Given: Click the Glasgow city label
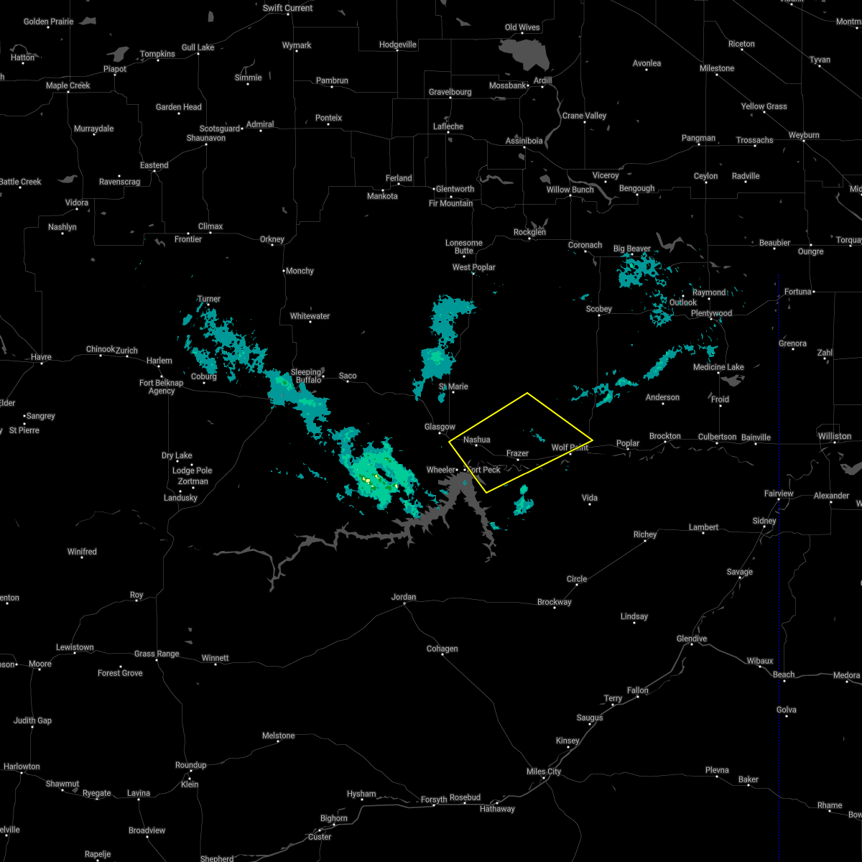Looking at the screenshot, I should [440, 427].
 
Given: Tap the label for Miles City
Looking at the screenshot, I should [544, 771].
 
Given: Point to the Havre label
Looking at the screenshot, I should [41, 357].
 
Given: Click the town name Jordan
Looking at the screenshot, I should [404, 597].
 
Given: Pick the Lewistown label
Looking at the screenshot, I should [75, 647].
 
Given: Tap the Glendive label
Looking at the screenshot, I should [692, 639].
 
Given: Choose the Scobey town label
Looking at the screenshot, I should [598, 309].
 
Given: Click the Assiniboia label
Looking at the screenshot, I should [524, 141].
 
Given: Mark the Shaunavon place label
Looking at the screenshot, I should [206, 138].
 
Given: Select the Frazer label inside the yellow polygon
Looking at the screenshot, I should [517, 453].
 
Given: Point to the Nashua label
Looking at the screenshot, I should [476, 440].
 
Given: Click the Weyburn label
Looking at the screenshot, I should [803, 135].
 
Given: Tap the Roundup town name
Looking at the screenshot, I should [190, 765].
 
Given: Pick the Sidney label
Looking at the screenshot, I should [764, 521].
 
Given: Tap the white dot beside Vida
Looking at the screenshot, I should [590, 505].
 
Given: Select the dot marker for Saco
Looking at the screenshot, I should [348, 381].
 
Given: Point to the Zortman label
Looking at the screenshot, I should [193, 481].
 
